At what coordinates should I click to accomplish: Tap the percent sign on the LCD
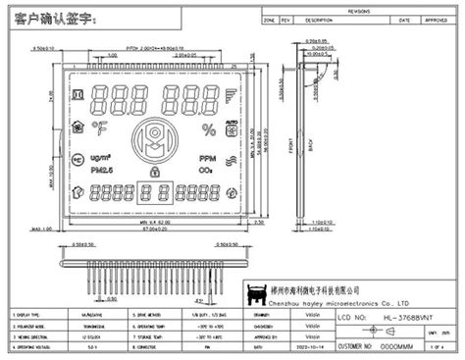tap(207, 129)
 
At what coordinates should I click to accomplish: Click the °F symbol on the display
tap(100, 128)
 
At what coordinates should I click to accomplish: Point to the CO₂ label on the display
tap(207, 171)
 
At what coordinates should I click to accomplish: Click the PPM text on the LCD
tap(207, 157)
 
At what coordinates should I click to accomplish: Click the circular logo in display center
tap(153, 137)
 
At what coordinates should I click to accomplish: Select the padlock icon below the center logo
tap(153, 173)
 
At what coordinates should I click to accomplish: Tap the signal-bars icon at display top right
tap(232, 99)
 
